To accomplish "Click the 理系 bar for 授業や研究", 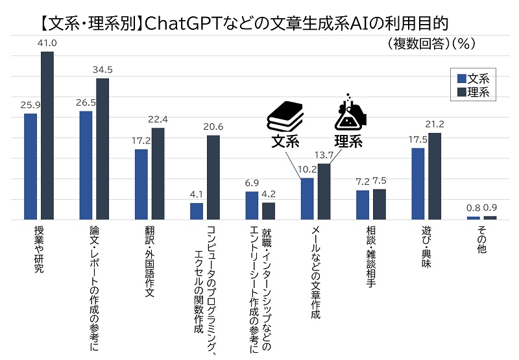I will (47, 136).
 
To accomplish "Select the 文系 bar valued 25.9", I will (30, 167).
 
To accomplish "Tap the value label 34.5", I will (103, 69).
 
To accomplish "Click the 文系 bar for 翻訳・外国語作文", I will (141, 185).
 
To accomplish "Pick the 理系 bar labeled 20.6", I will (213, 178).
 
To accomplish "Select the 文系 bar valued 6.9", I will (252, 206).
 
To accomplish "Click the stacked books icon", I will (286, 116).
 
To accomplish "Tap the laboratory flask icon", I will (348, 112).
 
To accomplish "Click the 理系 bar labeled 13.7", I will (324, 192).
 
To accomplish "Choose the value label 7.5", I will (380, 181).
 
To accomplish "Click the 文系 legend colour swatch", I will (461, 78).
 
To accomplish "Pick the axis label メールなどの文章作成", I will (315, 272).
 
